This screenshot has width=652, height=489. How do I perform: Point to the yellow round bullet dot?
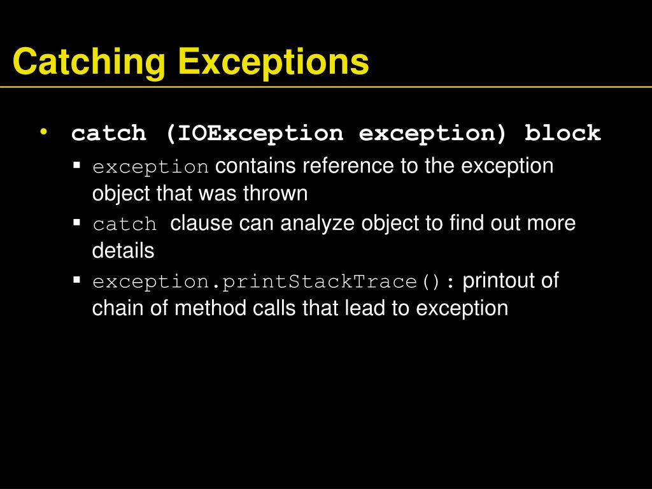pyautogui.click(x=43, y=131)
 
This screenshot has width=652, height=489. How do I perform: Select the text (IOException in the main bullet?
pyautogui.click(x=254, y=134)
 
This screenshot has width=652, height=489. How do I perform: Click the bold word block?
pyautogui.click(x=562, y=134)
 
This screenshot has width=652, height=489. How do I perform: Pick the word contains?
pyautogui.click(x=256, y=166)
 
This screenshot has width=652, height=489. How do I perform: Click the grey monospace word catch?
pyautogui.click(x=125, y=225)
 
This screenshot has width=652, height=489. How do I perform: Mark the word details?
pyautogui.click(x=123, y=251)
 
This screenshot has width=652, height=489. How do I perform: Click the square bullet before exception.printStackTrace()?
pyautogui.click(x=77, y=280)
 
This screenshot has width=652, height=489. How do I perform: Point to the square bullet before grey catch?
pyautogui.click(x=77, y=223)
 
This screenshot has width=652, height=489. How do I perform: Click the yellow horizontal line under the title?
pyautogui.click(x=326, y=86)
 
